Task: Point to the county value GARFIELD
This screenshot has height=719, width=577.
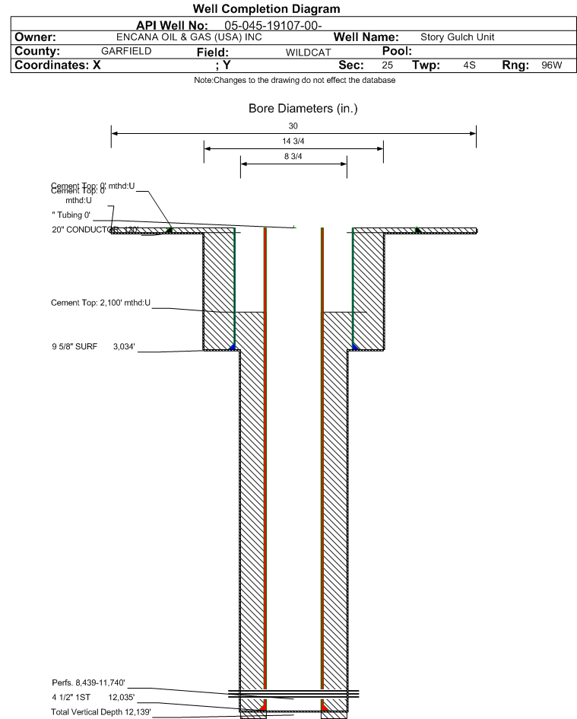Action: [126, 51]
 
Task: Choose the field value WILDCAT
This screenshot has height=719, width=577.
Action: [308, 52]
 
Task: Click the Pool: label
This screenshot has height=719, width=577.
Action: [396, 51]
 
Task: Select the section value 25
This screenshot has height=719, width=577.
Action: [388, 65]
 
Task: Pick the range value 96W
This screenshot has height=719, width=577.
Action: [551, 65]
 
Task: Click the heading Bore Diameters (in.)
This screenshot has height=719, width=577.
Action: [303, 109]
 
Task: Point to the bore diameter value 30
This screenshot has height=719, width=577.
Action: [293, 126]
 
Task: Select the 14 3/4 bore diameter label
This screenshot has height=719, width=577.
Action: [293, 142]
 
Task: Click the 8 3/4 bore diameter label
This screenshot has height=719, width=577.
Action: [293, 157]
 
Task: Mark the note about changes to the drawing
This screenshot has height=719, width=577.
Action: [295, 81]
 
